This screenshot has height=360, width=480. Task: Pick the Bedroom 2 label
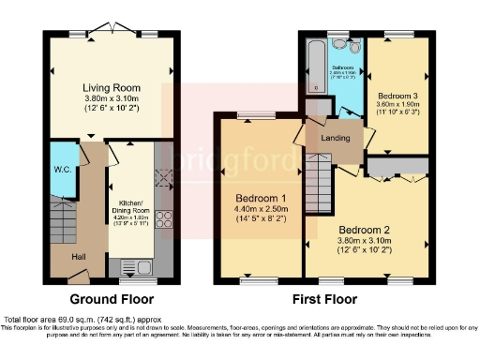coord(366,231)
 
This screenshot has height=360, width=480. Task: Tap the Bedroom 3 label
coord(398,95)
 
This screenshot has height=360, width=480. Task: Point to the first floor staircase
coord(320,179)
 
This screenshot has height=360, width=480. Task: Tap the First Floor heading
coord(323,300)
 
